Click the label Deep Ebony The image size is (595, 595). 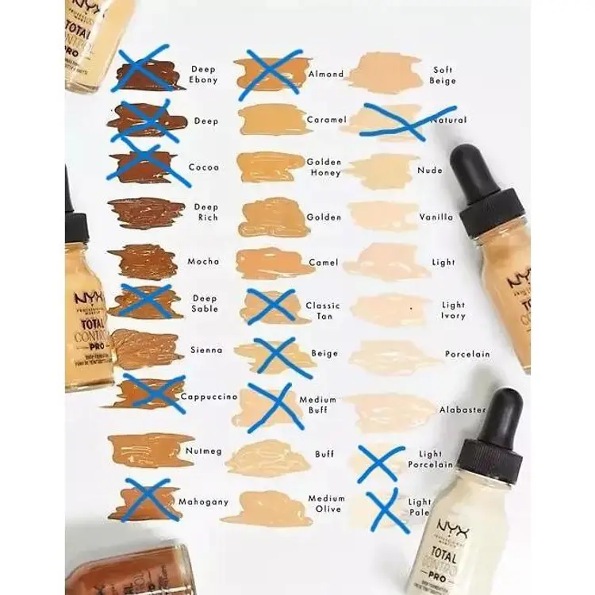tap(203, 75)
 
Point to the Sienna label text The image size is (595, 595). tap(206, 350)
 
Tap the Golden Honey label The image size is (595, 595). tap(324, 167)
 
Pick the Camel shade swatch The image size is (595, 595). tap(274, 263)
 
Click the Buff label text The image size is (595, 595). tap(324, 455)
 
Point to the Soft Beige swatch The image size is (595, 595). tap(385, 74)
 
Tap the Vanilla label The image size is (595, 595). tap(436, 217)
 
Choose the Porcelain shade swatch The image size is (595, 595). tap(393, 355)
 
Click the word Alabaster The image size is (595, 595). tap(463, 410)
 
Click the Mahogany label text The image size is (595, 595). tap(203, 501)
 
